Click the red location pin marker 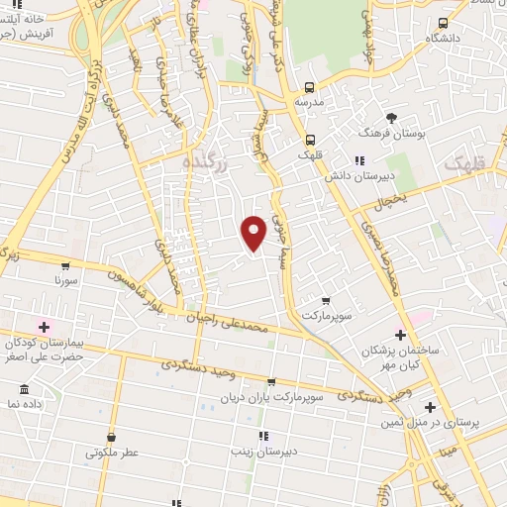(254, 232)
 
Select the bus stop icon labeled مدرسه (310, 86)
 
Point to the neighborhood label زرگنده (206, 161)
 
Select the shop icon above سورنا (65, 265)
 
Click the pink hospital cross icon (43, 326)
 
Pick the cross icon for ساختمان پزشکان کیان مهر (400, 335)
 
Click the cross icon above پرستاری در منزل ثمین (429, 407)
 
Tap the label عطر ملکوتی (111, 453)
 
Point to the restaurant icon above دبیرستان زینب (263, 436)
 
